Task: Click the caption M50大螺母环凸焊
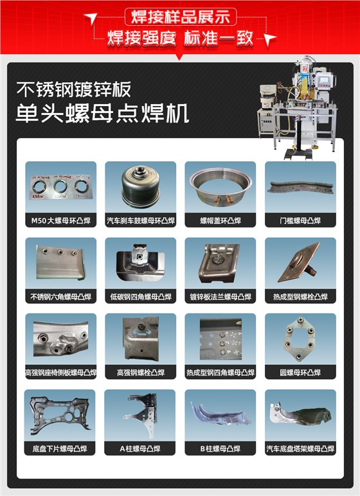(x=60, y=221)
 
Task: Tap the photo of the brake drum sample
(x=140, y=186)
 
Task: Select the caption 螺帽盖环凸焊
(x=220, y=221)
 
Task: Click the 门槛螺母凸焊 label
(x=300, y=221)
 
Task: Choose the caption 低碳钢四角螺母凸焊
(x=140, y=297)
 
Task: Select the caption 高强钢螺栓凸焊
(x=140, y=373)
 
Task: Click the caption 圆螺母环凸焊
(x=300, y=373)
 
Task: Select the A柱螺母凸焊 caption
(x=140, y=448)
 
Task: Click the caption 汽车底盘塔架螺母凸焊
(x=300, y=448)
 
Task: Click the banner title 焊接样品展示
(x=180, y=16)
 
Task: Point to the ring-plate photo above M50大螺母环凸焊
(x=60, y=186)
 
